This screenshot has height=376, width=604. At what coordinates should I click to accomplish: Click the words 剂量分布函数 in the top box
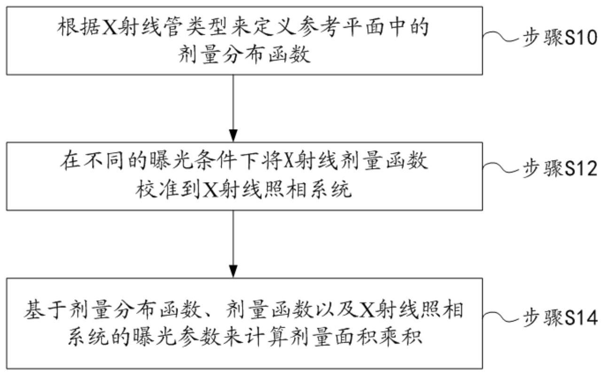click(244, 56)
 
